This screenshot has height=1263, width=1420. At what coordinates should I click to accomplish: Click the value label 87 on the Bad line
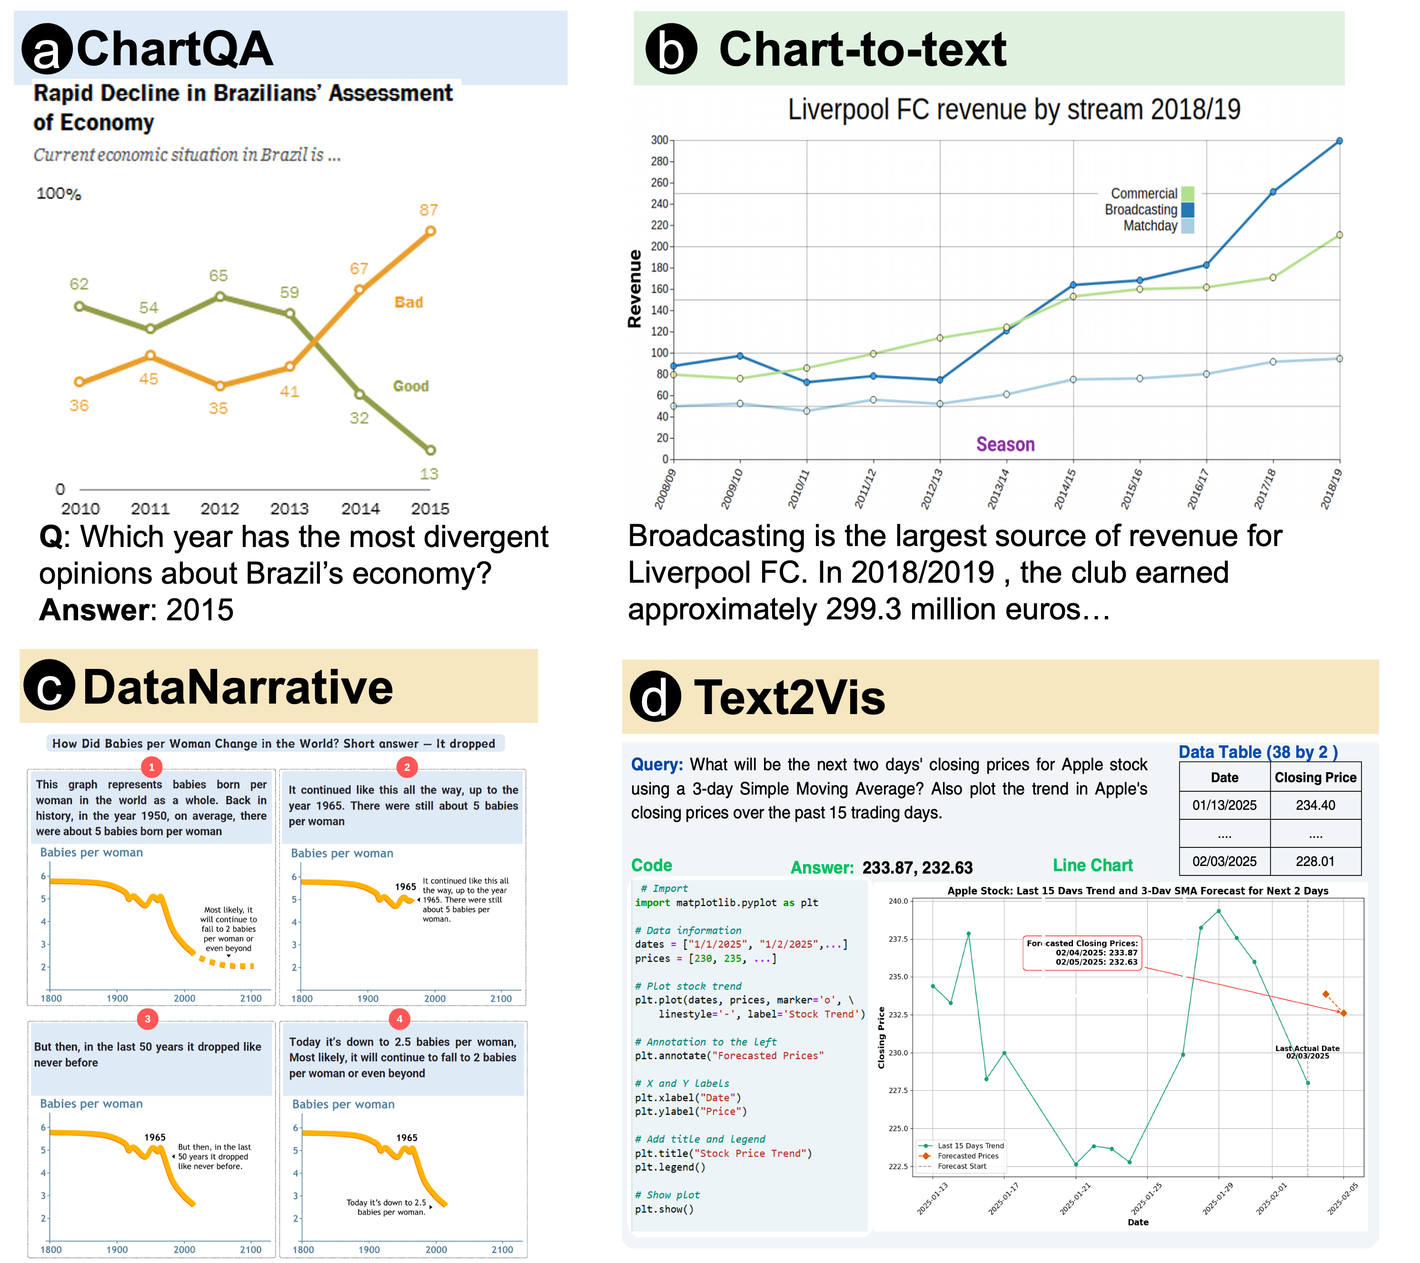coord(428,210)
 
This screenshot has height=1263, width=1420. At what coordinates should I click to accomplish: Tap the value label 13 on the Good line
coord(428,474)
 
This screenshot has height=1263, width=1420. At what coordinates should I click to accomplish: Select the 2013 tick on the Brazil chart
coord(289,508)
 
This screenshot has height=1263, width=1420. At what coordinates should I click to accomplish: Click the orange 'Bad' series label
coord(408,302)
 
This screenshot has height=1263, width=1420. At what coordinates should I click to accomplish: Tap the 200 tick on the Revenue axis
coord(659,247)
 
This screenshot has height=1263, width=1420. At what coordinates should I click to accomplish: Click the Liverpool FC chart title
coord(1013,110)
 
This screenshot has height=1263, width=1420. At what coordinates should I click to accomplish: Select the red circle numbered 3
coord(147,1019)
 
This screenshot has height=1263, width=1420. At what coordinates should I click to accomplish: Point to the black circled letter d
coord(655,697)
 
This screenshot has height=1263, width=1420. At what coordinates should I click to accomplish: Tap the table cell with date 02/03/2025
coord(1224,862)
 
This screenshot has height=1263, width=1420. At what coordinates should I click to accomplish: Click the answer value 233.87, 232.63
coord(917,868)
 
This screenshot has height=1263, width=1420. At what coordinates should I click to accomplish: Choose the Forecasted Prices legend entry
coord(966,1156)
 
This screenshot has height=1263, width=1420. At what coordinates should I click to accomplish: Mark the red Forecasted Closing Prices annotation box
coord(1082,953)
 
